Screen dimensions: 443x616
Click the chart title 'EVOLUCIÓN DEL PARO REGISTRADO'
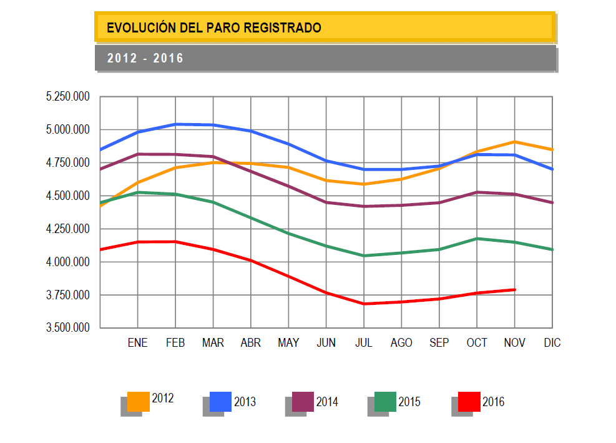[x=214, y=27]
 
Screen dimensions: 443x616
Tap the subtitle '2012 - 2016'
[x=145, y=58]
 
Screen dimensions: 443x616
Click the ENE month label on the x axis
[x=137, y=343]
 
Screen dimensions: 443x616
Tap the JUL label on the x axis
[x=364, y=343]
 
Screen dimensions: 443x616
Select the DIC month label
[x=552, y=343]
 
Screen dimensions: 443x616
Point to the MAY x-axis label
[x=288, y=343]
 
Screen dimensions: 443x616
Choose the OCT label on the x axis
[x=477, y=343]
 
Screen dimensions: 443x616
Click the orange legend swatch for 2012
[x=138, y=401]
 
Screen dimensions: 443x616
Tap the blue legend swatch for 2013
[x=220, y=401]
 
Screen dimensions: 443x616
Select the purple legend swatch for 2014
[x=303, y=401]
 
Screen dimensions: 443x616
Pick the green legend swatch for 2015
[x=385, y=401]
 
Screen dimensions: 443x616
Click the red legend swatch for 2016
[x=469, y=401]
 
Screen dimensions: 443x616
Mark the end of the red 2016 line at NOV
[x=515, y=289]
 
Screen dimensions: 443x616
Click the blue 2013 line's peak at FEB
[x=175, y=124]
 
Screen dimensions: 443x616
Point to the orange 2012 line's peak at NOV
[x=515, y=142]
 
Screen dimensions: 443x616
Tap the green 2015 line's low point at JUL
[x=364, y=256]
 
